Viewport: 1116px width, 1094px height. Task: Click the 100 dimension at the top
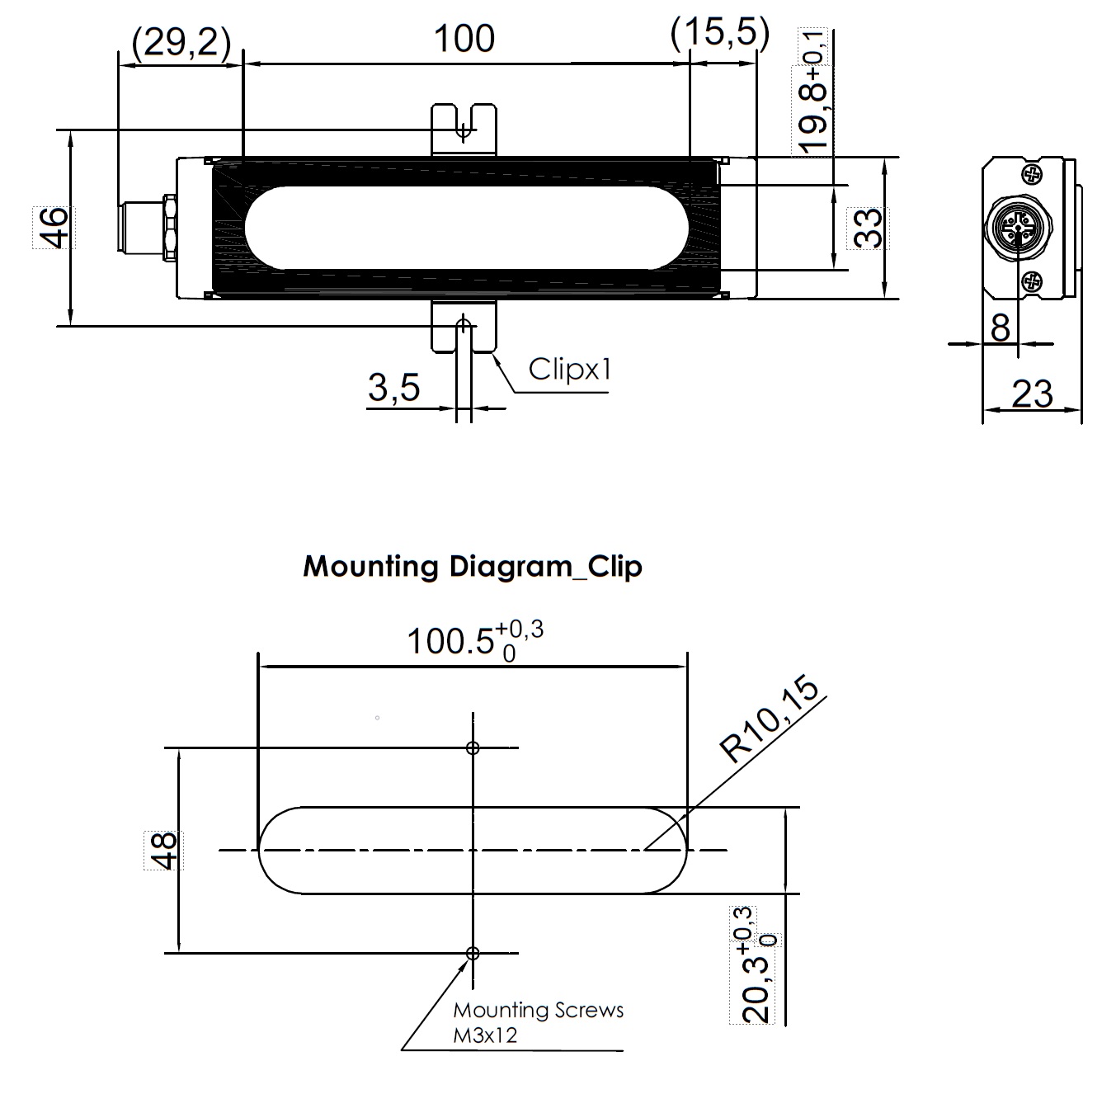tap(464, 39)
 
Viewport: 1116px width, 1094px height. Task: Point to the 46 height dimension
tap(52, 227)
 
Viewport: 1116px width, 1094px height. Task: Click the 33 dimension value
tap(868, 228)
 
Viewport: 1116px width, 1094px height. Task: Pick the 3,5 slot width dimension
tap(394, 387)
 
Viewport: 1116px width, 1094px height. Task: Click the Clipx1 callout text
tap(570, 369)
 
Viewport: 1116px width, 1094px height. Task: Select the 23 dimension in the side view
tap(1032, 394)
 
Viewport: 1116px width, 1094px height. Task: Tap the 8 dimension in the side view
tap(1000, 328)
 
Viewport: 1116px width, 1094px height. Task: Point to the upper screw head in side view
tap(1032, 174)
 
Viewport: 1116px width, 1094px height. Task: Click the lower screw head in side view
tap(1032, 283)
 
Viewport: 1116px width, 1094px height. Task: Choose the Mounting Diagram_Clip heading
tap(472, 566)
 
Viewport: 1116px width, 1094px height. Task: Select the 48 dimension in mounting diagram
tap(162, 850)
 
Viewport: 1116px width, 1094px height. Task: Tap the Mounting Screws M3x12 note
tap(538, 1022)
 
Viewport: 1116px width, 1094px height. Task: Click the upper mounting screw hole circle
tap(473, 748)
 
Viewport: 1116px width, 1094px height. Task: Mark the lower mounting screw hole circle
tap(473, 953)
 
